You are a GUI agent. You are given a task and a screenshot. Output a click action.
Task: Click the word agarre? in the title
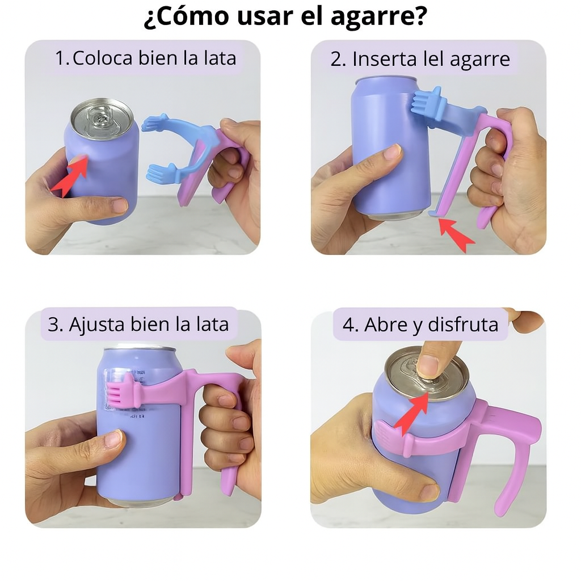(378, 16)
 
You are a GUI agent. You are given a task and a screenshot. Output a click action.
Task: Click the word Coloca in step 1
(102, 58)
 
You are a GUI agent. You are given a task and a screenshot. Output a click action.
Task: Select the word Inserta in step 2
(385, 58)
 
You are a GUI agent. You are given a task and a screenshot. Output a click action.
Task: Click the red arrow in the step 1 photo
(70, 176)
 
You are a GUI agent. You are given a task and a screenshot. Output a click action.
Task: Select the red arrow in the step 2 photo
(456, 234)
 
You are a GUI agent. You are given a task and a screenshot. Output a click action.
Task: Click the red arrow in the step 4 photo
(412, 411)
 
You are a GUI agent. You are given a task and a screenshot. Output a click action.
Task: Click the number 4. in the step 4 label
(351, 325)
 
